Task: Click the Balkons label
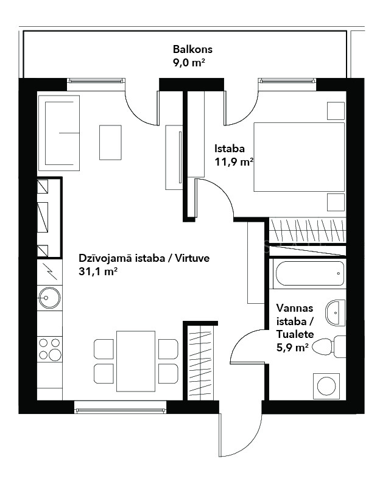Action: (x=192, y=49)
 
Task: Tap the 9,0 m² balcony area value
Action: (x=189, y=63)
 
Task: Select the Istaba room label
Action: (x=229, y=149)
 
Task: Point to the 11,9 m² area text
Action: (x=234, y=162)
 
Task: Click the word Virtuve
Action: (x=192, y=258)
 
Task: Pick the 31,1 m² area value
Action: (x=98, y=272)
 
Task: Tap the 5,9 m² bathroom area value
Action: (x=292, y=348)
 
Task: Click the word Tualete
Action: (x=295, y=334)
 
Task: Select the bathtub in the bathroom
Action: (x=309, y=273)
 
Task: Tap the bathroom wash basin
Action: (x=336, y=313)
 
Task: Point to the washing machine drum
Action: (x=326, y=386)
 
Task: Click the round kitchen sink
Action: (x=49, y=298)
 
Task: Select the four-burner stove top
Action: (x=50, y=349)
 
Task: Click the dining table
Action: (x=136, y=361)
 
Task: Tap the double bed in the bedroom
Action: (x=299, y=156)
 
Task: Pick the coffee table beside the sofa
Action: (x=110, y=142)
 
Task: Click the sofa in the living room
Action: (x=58, y=133)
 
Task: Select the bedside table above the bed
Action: (x=336, y=111)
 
